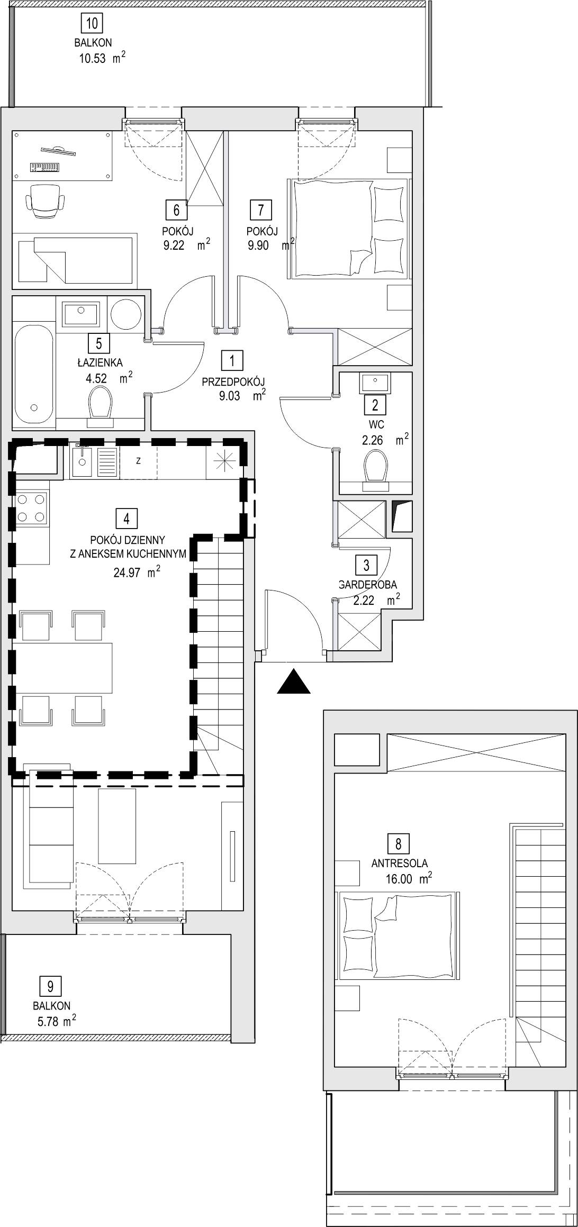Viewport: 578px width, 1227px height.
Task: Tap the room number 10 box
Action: (92, 23)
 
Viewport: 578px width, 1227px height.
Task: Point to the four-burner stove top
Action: (31, 507)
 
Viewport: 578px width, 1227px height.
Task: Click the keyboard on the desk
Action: (45, 167)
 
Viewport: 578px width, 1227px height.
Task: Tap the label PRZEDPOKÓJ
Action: (233, 381)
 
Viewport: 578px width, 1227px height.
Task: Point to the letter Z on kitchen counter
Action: (138, 461)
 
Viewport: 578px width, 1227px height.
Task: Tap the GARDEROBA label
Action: (368, 585)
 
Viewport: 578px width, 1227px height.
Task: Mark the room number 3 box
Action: (366, 566)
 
